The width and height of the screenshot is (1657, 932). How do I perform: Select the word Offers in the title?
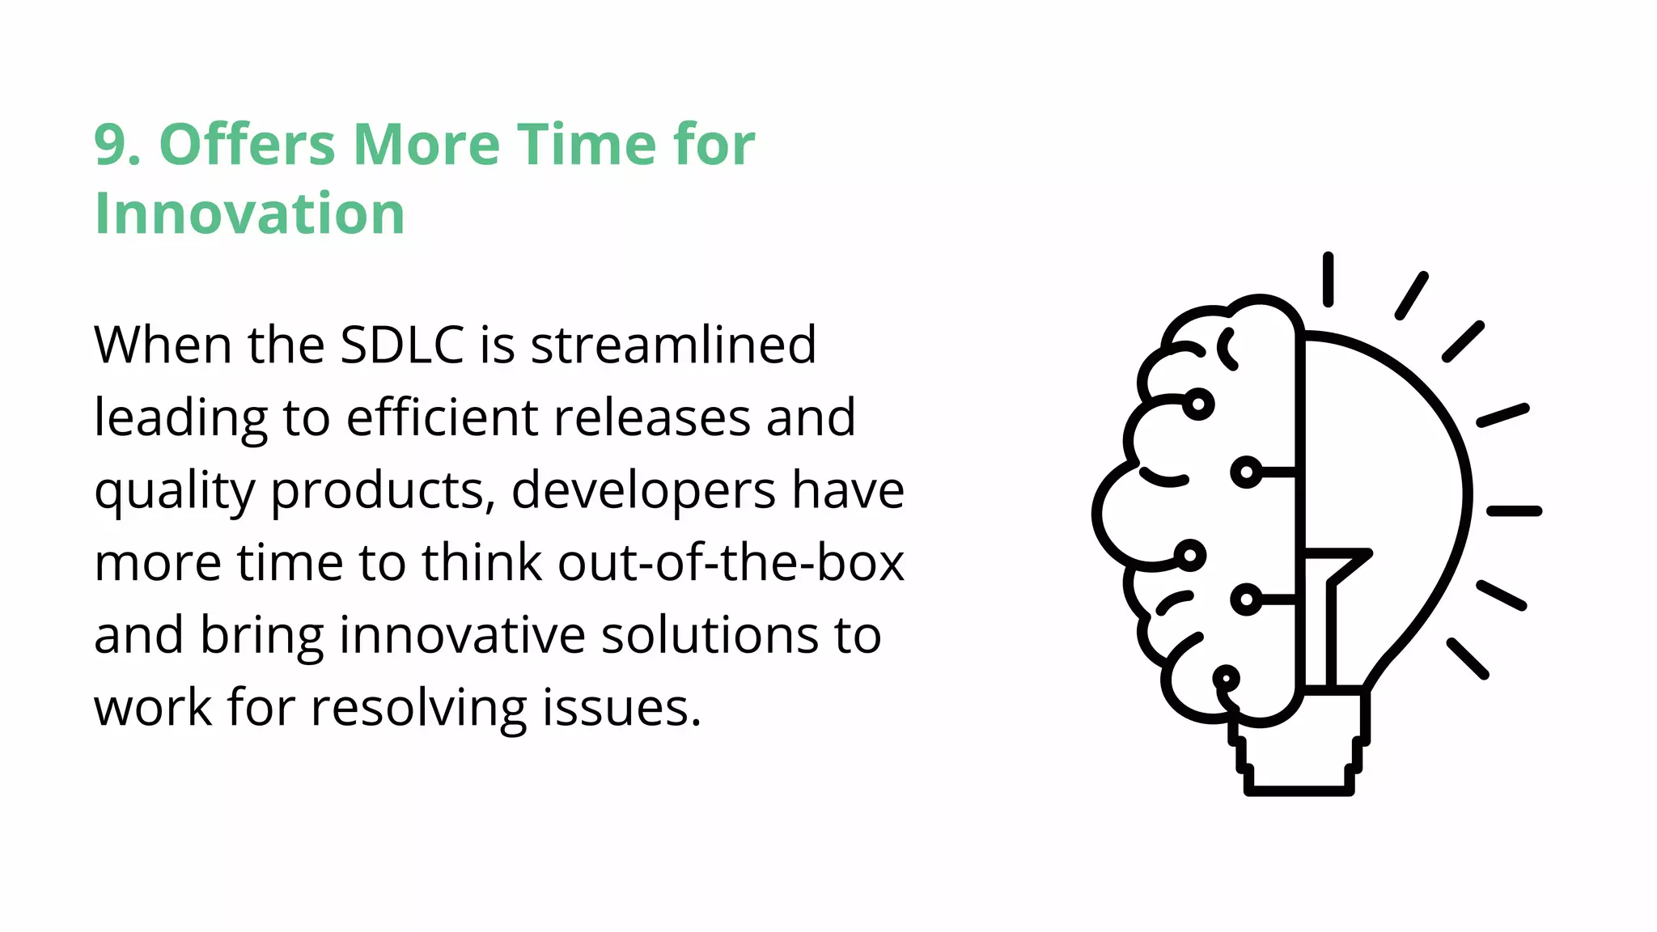[x=247, y=146]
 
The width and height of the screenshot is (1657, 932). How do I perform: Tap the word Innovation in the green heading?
[x=249, y=214]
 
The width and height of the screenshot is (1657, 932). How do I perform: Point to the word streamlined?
[x=673, y=345]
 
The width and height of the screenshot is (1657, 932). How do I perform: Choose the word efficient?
[x=443, y=417]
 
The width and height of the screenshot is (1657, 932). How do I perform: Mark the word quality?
[x=174, y=492]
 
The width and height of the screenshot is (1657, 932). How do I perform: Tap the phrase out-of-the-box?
[x=731, y=562]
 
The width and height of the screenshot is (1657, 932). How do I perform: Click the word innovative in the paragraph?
[x=461, y=635]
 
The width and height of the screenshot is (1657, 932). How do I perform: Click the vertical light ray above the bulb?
[x=1328, y=280]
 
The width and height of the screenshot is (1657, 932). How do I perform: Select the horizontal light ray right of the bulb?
[x=1514, y=510]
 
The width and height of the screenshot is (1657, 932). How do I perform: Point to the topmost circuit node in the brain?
[x=1198, y=403]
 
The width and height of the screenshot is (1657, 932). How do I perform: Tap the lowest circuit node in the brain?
[x=1226, y=678]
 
